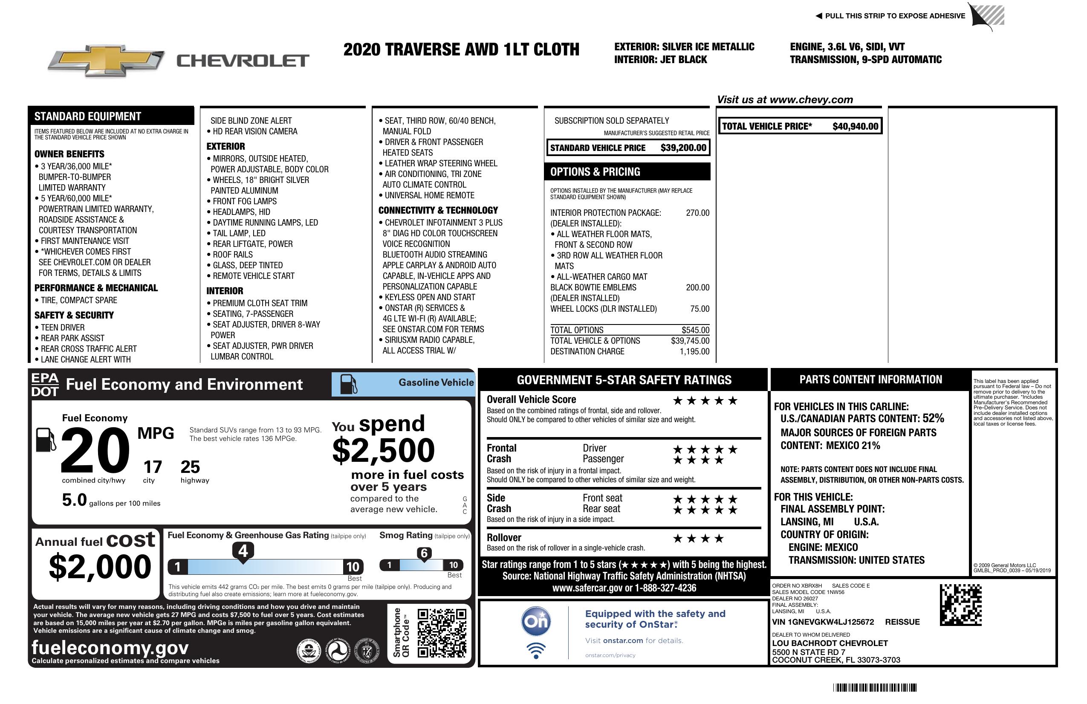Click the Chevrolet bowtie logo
pyautogui.click(x=106, y=60)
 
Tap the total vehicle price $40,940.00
pyautogui.click(x=855, y=126)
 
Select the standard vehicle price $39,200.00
pyautogui.click(x=683, y=148)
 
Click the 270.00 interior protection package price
pyautogui.click(x=697, y=213)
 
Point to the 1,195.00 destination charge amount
pyautogui.click(x=694, y=351)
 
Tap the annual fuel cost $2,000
pyautogui.click(x=100, y=567)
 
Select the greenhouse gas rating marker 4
pyautogui.click(x=243, y=551)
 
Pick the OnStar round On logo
pyautogui.click(x=536, y=621)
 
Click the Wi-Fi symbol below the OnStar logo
pyautogui.click(x=536, y=650)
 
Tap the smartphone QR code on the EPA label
pyautogui.click(x=442, y=633)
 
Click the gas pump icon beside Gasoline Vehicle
pyautogui.click(x=349, y=384)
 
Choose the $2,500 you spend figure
pyautogui.click(x=384, y=450)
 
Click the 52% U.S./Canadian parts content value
pyautogui.click(x=933, y=418)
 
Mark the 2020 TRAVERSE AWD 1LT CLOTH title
pyautogui.click(x=461, y=50)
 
